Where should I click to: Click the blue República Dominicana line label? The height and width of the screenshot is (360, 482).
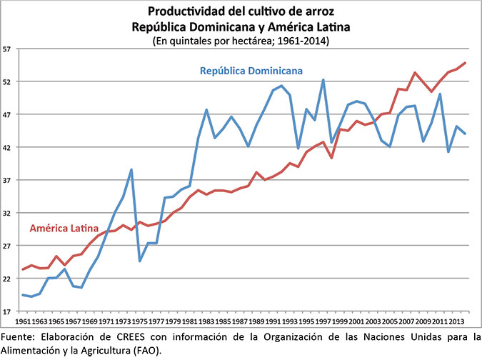251,71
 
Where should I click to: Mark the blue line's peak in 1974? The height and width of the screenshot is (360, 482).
131,169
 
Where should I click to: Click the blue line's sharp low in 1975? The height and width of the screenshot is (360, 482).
140,261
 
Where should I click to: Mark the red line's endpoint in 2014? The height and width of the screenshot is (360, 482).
466,63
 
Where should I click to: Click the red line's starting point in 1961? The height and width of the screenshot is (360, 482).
24,269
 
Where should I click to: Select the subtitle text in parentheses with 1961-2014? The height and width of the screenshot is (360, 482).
242,41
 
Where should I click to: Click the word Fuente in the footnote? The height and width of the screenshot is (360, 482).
19,336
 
